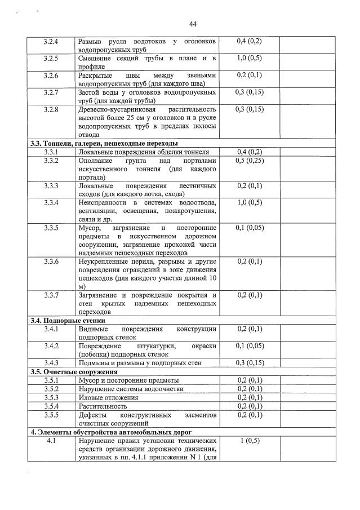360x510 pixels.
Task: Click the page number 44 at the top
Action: [x=193, y=24]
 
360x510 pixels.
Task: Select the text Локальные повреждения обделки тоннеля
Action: [x=144, y=152]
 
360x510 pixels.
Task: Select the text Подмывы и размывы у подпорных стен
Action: [x=140, y=363]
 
